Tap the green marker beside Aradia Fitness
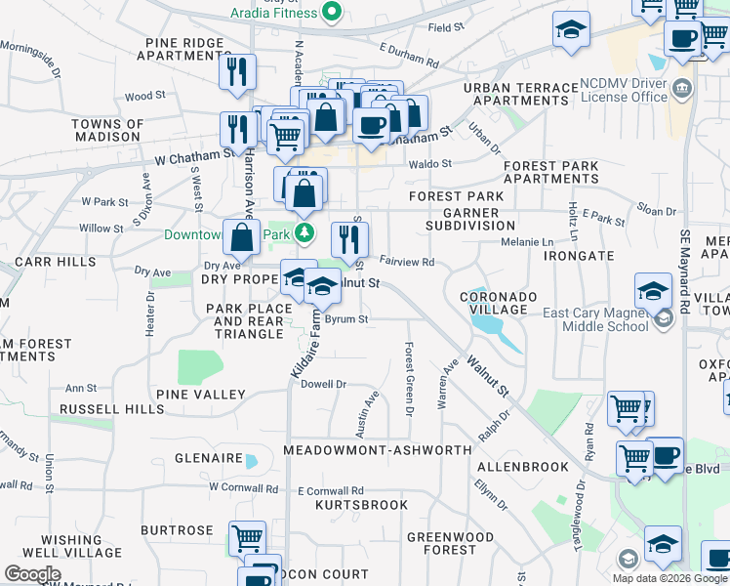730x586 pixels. (x=332, y=12)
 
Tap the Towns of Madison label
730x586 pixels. (x=106, y=130)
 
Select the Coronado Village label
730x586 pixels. (x=493, y=303)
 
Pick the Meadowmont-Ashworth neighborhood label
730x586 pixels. (x=377, y=450)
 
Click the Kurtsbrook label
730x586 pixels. (x=362, y=505)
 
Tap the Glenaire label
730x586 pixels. (x=208, y=458)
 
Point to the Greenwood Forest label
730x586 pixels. (x=451, y=543)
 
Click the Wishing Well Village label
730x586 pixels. (x=71, y=546)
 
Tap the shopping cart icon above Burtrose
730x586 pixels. (x=248, y=537)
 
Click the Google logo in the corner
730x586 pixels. (x=32, y=574)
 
